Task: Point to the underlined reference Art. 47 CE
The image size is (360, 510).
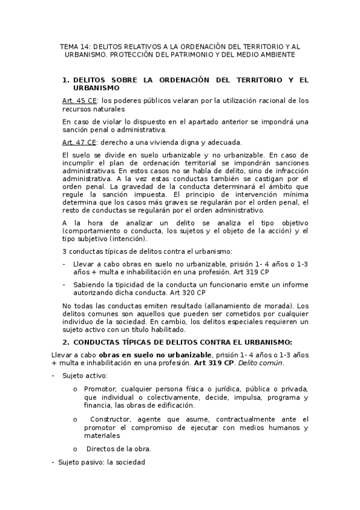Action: (x=79, y=142)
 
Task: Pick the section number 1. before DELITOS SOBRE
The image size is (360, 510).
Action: (x=67, y=79)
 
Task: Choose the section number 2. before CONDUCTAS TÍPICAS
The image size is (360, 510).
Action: (x=67, y=341)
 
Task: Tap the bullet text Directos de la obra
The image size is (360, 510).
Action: (x=118, y=449)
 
